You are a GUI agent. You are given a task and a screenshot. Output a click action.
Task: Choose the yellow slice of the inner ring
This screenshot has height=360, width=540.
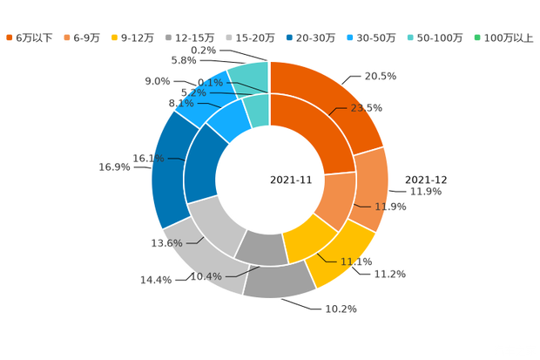(x=309, y=235)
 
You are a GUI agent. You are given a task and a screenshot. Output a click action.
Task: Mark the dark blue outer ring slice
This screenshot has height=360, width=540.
(x=165, y=174)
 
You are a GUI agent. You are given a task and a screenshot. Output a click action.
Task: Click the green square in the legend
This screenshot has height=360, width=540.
(x=477, y=37)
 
